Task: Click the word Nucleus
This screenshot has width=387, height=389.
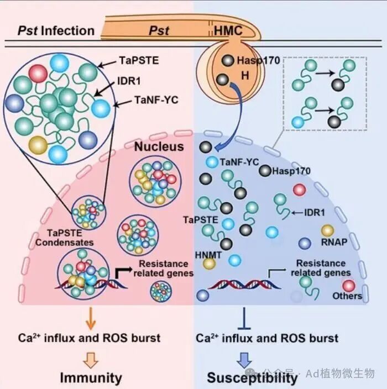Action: pos(159,146)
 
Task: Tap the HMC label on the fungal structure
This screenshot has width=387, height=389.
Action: pos(228,31)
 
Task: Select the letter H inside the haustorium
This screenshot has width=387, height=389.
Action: pos(245,75)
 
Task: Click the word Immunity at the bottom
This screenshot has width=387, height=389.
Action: pos(91,378)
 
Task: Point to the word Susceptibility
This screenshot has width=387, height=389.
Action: pos(252,378)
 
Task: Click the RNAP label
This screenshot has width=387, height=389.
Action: pos(334,242)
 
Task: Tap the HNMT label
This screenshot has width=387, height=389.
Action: pos(208,255)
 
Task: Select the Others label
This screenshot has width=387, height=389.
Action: pos(347,296)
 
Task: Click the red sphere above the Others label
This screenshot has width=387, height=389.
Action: pos(349,286)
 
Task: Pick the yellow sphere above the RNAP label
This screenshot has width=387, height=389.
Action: pos(327,231)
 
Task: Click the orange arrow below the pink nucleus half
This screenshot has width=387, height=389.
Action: pos(91,318)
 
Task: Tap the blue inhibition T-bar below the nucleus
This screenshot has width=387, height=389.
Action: pos(244,318)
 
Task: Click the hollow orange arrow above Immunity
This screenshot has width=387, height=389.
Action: pos(91,360)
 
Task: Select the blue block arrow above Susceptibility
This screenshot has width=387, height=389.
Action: pos(244,360)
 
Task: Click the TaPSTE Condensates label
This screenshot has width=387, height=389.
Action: pos(65,238)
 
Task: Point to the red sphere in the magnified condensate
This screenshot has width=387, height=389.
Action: pos(38,73)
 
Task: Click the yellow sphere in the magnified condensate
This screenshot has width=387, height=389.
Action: pos(38,145)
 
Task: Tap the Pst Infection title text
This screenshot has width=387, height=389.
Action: pos(56,31)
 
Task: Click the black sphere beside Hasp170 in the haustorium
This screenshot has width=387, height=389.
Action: pos(228,61)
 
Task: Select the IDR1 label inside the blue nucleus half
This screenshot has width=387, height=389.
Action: pos(314,213)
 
